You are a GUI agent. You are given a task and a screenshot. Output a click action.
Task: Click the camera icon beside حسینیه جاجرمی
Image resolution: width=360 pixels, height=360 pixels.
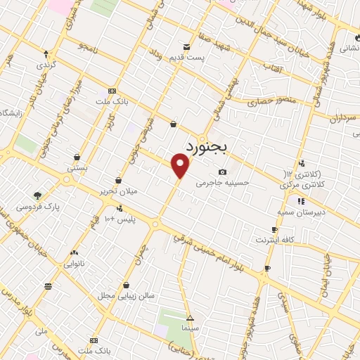[222, 172]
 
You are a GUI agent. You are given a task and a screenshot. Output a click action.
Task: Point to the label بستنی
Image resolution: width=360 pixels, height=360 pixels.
[76, 169]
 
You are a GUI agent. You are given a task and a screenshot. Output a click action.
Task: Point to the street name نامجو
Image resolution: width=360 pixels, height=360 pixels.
[92, 46]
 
